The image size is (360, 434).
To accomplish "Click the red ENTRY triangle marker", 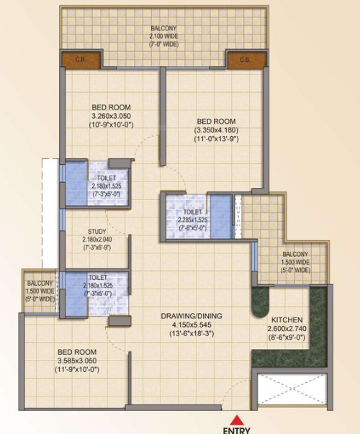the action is click(237, 420).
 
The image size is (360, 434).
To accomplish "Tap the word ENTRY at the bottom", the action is click(237, 430).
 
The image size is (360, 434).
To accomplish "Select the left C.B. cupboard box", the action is click(81, 60).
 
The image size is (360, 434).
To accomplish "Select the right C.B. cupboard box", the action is click(245, 60).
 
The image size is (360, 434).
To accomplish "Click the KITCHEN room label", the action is click(287, 320).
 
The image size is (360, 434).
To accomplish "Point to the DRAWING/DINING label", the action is click(192, 316).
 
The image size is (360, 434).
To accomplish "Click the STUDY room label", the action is click(97, 231).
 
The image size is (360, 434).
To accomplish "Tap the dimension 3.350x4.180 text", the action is click(216, 130).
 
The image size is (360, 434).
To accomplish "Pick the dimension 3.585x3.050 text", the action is click(77, 361).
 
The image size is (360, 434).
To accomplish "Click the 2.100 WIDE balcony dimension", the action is click(163, 36).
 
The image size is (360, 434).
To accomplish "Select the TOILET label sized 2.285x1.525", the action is click(193, 212).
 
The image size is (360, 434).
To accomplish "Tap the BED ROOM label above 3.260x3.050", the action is click(111, 107).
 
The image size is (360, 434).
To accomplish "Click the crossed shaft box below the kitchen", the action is click(292, 389).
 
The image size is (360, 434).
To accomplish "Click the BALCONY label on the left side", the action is click(40, 283).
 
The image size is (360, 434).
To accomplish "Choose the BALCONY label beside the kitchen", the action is click(295, 254).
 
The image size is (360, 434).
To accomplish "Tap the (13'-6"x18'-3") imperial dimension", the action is click(192, 333).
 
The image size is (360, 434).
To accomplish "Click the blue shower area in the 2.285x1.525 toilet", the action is click(221, 216).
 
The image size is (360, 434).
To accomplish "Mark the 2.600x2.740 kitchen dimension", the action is click(287, 328).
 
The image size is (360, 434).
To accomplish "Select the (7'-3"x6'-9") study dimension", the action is click(97, 248).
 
